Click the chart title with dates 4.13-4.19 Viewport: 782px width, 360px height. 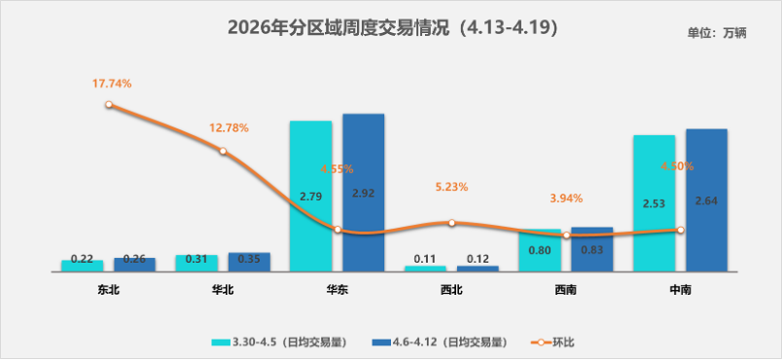(391, 27)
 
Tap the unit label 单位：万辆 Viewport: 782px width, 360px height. (717, 33)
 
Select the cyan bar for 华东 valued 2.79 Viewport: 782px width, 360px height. (310, 195)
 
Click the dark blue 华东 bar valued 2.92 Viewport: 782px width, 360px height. (363, 192)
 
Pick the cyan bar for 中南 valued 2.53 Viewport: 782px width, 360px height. (654, 202)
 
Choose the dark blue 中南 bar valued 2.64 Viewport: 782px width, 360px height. (706, 199)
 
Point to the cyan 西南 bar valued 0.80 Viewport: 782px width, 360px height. (540, 250)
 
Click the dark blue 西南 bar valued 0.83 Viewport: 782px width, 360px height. (591, 249)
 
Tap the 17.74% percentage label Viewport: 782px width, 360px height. (112, 84)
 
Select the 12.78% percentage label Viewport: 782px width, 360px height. (229, 127)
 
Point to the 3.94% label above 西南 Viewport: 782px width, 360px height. (566, 198)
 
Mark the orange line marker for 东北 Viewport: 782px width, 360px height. (109, 104)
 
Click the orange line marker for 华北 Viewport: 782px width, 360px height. (223, 151)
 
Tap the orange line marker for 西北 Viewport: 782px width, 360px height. (451, 223)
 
